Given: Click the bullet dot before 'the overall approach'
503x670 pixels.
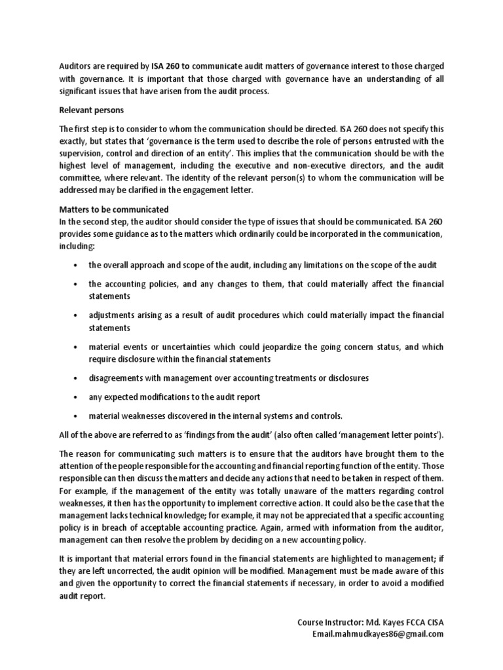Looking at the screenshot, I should [x=77, y=265].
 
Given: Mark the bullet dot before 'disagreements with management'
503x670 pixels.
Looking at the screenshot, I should [x=77, y=378].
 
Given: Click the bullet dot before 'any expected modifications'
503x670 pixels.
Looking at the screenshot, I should [x=77, y=397].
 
